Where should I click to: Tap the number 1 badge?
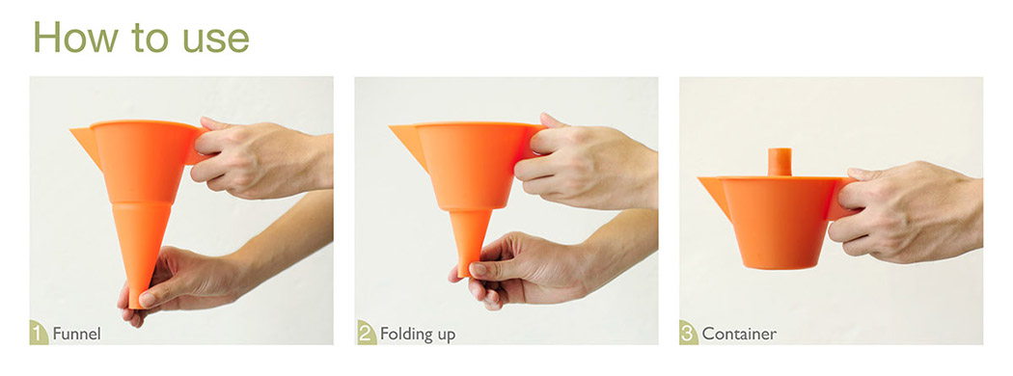[x=40, y=334]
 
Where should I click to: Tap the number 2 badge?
[x=365, y=334]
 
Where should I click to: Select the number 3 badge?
[x=689, y=334]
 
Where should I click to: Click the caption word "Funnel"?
[x=76, y=334]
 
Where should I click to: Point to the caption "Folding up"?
[x=418, y=335]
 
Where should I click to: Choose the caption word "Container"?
[x=738, y=334]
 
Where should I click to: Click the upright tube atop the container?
[x=780, y=162]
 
